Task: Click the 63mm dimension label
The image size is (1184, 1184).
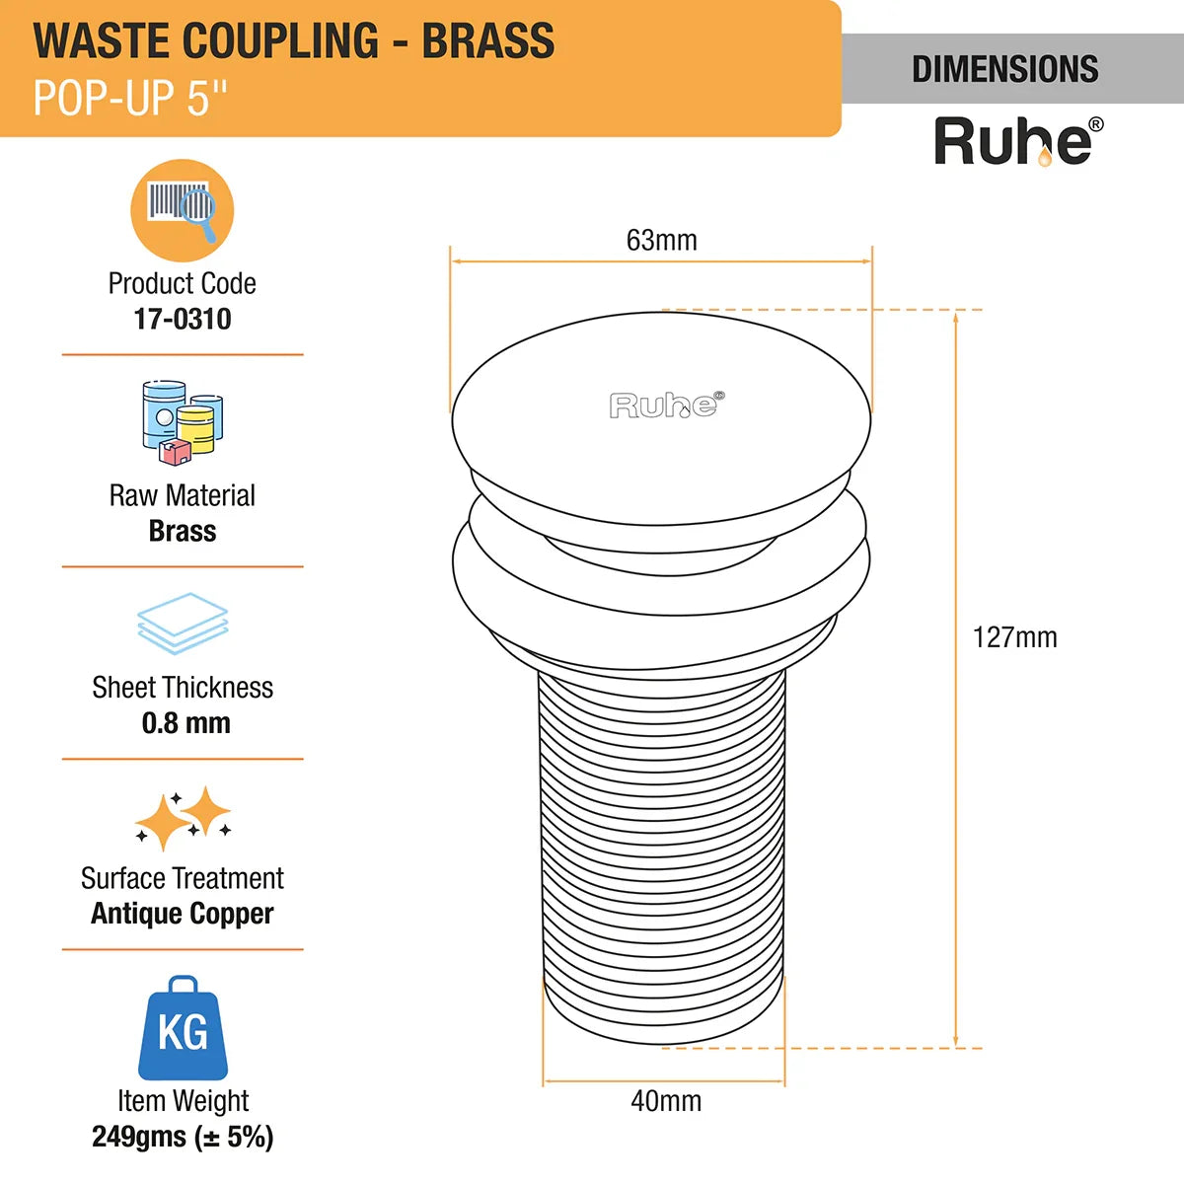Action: [x=661, y=240]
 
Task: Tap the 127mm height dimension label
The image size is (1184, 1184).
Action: [x=1014, y=637]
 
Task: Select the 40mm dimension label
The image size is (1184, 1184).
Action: [x=666, y=1101]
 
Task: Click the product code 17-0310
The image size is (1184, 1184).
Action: [x=183, y=319]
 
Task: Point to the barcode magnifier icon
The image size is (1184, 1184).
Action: [x=183, y=210]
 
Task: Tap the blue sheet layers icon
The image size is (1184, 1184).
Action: [x=183, y=623]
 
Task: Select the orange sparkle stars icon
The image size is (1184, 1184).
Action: [x=183, y=817]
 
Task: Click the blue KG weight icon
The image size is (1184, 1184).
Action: [x=183, y=1028]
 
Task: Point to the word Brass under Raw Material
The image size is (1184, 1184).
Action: [x=183, y=531]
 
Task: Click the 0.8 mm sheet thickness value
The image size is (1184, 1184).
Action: [x=185, y=723]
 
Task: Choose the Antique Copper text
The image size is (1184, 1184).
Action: [x=183, y=914]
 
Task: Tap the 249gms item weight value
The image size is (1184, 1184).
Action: [x=183, y=1137]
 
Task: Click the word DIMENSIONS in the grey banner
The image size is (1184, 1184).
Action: [x=1004, y=69]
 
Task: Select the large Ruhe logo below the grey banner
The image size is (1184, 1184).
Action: [x=1016, y=141]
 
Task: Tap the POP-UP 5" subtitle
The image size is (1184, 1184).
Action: [x=129, y=98]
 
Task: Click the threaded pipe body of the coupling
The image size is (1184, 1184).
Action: [x=663, y=849]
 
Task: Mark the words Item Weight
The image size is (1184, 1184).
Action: [x=183, y=1100]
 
